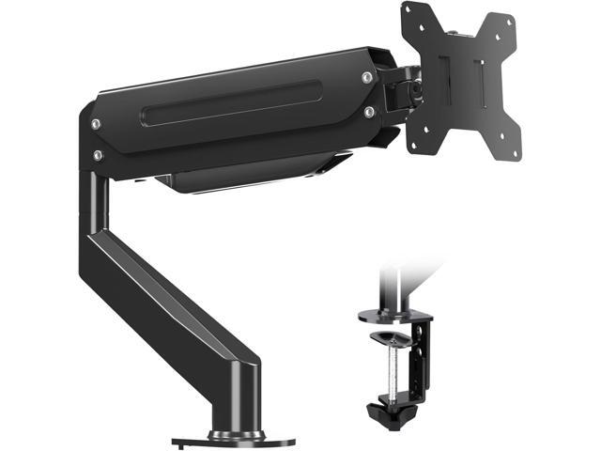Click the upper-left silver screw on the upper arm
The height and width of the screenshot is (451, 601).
(x=96, y=124)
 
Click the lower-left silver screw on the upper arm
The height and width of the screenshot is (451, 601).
(x=96, y=154)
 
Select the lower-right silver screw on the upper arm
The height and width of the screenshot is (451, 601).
(x=369, y=112)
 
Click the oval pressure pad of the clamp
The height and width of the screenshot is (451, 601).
(x=393, y=337)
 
